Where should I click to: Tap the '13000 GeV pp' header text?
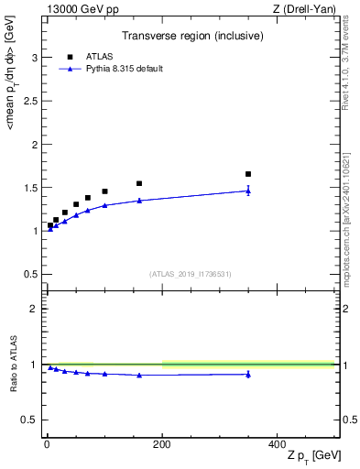[76, 9]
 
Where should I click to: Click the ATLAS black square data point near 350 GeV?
[248, 174]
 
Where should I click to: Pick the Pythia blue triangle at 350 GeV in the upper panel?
[248, 191]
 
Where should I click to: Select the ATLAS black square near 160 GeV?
[139, 183]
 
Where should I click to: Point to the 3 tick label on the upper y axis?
[34, 58]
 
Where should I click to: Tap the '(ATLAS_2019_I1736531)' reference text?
[191, 274]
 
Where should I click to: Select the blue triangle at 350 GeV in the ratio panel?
[248, 374]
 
